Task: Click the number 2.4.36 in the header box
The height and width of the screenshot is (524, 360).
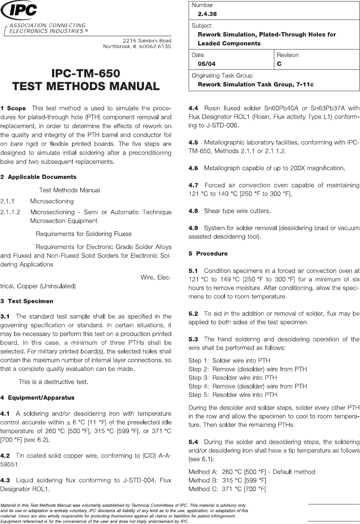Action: tap(207, 14)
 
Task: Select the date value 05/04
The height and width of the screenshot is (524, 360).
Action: tap(207, 64)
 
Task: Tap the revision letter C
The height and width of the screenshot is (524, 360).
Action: tap(279, 64)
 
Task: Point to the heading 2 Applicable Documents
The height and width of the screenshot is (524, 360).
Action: tap(38, 177)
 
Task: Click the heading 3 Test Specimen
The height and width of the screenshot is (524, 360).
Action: tap(27, 301)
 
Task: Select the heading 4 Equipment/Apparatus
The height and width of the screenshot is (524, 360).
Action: tap(37, 398)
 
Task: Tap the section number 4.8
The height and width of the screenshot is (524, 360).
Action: tap(193, 211)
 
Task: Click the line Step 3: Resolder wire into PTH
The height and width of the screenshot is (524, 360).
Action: tap(233, 378)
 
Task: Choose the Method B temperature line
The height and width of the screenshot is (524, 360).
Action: tap(227, 480)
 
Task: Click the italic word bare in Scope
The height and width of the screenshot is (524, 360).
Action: tap(16, 144)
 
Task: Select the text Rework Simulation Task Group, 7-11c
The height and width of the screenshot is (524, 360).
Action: tap(256, 85)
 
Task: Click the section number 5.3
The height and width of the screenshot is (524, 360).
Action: tap(193, 339)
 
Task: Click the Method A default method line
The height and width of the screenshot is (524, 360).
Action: tap(252, 472)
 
